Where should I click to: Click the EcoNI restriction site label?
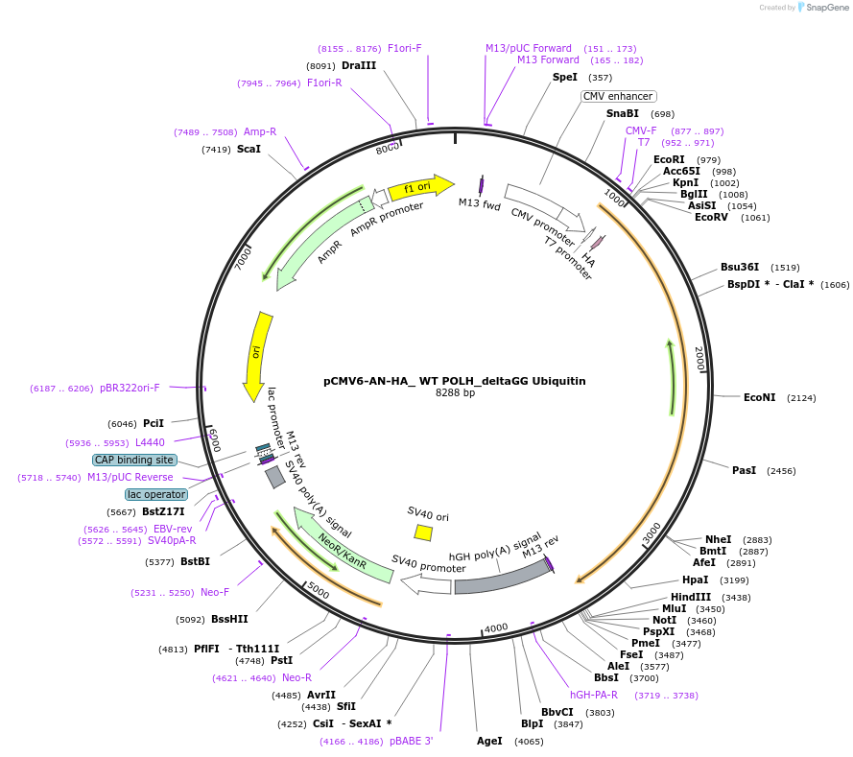point(759,397)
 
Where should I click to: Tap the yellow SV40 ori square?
point(422,532)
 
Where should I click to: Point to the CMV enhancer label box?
point(619,96)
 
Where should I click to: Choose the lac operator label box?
point(155,494)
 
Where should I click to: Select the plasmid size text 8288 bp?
point(455,393)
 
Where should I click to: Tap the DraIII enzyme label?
point(359,65)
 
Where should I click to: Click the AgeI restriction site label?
point(489,741)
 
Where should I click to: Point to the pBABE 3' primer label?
point(412,741)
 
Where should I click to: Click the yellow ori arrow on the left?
point(256,355)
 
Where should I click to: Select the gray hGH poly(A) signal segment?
point(499,576)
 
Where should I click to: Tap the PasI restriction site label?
point(744,470)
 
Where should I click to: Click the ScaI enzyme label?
point(249,149)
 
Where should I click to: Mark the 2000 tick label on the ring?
point(700,360)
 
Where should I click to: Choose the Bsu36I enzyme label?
point(740,267)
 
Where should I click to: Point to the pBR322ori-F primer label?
point(130,389)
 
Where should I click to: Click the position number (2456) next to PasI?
point(781,471)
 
